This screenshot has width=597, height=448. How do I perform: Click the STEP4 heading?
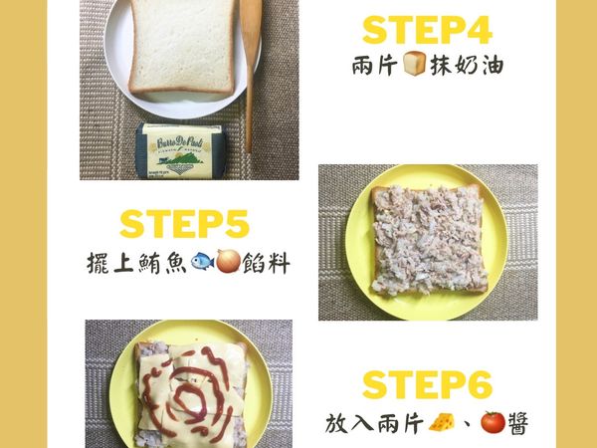click(427, 30)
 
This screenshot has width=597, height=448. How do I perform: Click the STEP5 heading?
click(181, 223)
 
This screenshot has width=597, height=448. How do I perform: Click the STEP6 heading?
click(428, 384)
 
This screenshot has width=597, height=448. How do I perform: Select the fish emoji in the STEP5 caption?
click(200, 264)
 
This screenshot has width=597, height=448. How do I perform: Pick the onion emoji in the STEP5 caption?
click(227, 264)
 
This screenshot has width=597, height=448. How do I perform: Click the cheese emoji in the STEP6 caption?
click(439, 423)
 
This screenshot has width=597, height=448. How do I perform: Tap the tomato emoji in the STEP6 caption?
click(492, 423)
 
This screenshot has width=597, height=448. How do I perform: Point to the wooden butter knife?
click(250, 60)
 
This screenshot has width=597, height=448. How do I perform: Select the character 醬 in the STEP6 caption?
click(517, 423)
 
